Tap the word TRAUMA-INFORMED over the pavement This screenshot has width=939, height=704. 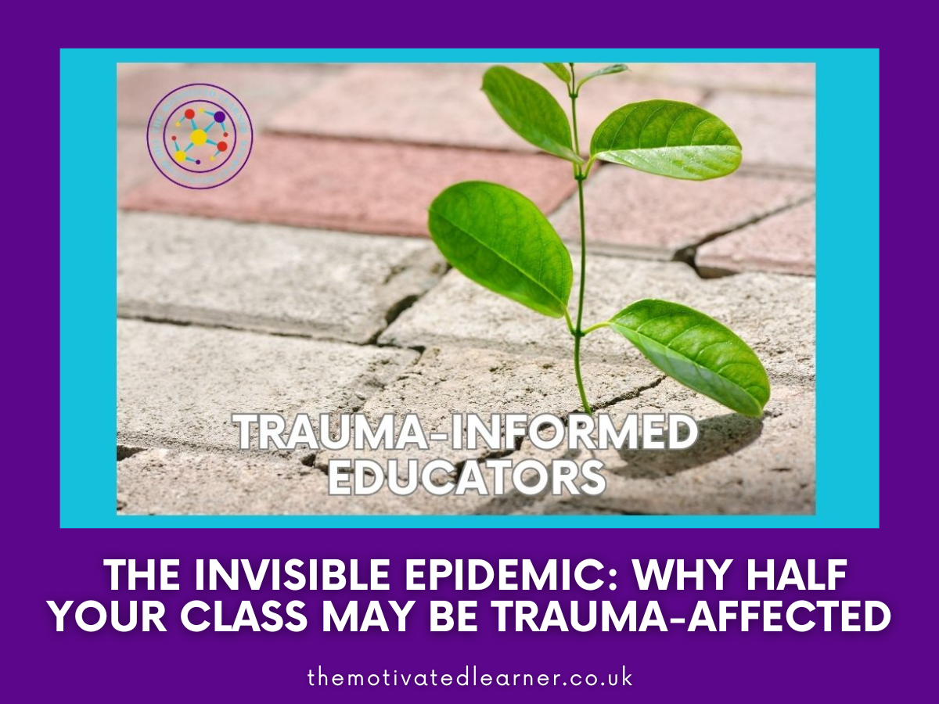coord(466,433)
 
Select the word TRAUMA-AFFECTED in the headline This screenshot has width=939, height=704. coord(699,619)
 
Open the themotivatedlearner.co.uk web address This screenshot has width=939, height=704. coord(469,677)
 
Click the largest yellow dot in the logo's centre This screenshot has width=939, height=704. coord(199,138)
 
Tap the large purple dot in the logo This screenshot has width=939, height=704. coord(220,117)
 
